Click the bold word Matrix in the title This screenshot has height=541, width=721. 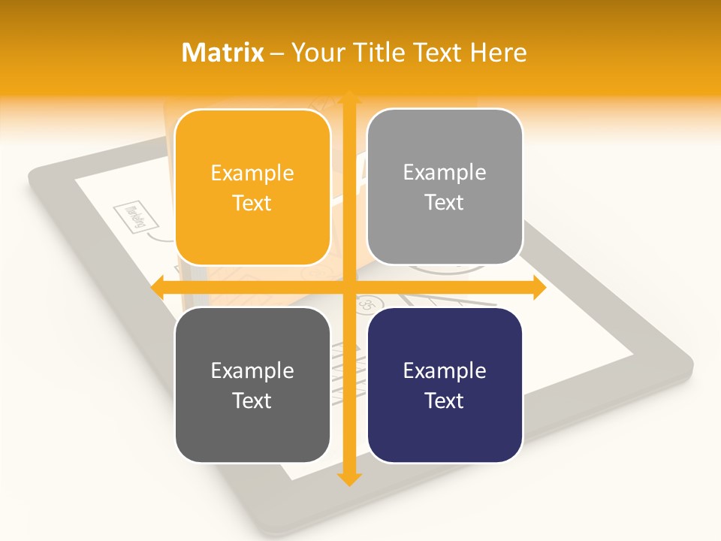click(223, 53)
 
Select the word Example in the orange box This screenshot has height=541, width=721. click(252, 174)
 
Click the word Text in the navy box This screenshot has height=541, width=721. click(445, 400)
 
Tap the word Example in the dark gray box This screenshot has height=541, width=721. click(252, 370)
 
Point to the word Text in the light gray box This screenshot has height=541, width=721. click(445, 202)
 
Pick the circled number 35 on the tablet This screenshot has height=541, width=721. click(367, 304)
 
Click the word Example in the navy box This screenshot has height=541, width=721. click(445, 370)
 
